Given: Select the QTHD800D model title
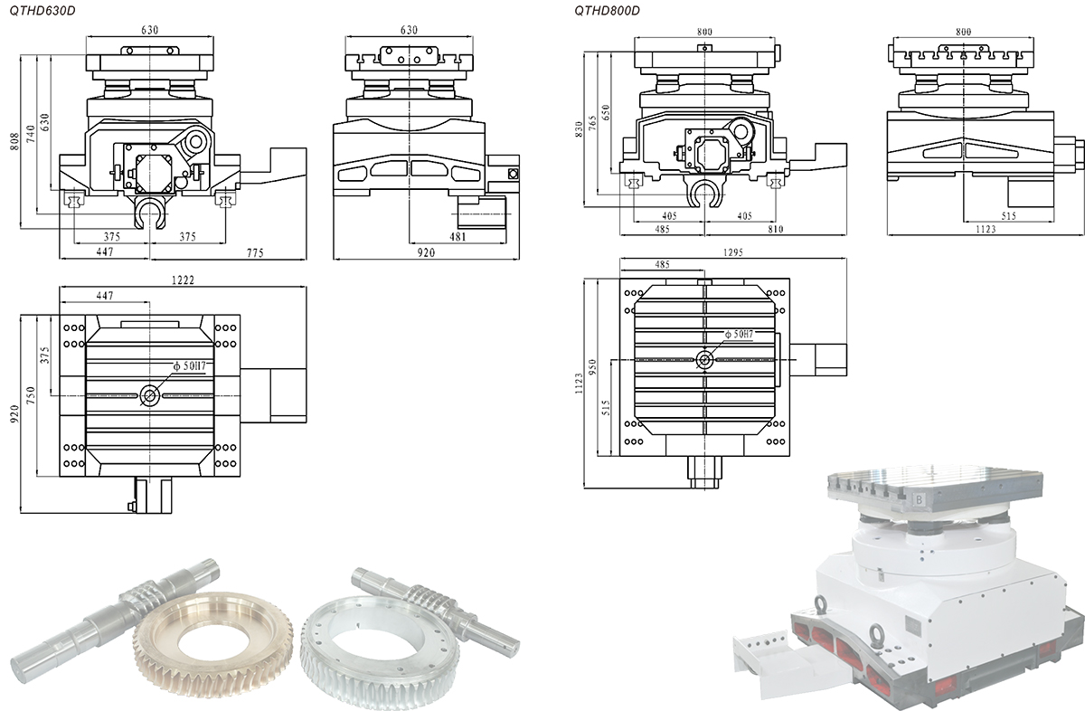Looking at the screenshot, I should [x=607, y=10].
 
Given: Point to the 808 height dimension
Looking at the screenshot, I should [x=13, y=135].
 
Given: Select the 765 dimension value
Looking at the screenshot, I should [x=592, y=121].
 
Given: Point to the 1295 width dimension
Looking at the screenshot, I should [x=732, y=254].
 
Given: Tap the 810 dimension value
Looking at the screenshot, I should [x=775, y=231].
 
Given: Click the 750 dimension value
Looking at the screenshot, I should [x=29, y=395].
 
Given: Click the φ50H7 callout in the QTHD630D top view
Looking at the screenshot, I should [x=189, y=366].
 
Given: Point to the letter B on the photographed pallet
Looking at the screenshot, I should [x=919, y=498].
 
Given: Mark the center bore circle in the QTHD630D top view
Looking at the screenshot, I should [x=149, y=395].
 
